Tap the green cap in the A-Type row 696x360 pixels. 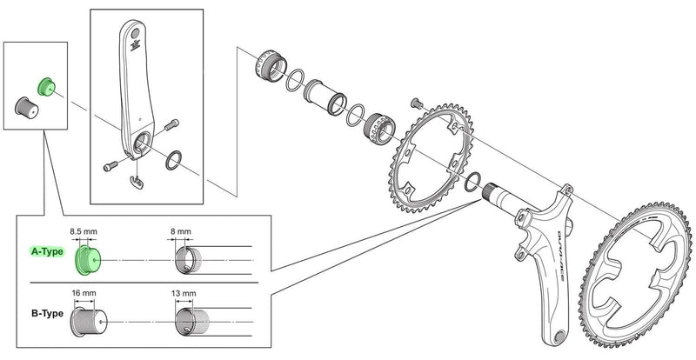pyautogui.click(x=87, y=258)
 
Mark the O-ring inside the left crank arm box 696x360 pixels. pyautogui.click(x=172, y=158)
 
